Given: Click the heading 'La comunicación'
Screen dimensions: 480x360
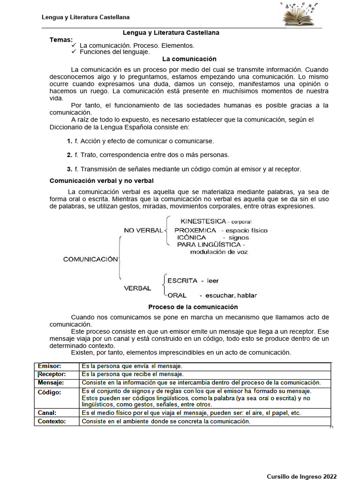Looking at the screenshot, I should [189, 59].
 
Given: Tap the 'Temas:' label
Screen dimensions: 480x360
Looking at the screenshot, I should [61, 39].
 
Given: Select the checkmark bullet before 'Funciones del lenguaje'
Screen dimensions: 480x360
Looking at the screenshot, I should [74, 52].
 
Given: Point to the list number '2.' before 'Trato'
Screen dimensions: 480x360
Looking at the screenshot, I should [69, 155].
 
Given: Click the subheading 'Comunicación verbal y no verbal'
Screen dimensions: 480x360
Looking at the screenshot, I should [102, 180].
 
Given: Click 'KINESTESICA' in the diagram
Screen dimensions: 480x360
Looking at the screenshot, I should [203, 221].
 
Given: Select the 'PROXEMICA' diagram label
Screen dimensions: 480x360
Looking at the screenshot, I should [195, 230].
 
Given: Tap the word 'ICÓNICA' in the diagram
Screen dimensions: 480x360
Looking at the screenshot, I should [191, 238].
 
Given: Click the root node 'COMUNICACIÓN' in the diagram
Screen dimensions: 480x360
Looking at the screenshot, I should [90, 259].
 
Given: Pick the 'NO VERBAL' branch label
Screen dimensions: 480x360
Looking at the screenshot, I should [143, 230].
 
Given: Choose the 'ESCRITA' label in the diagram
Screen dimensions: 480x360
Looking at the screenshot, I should [182, 281].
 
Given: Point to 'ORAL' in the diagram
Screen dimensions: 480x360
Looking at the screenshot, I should [177, 295].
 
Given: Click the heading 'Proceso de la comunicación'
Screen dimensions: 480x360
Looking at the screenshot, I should [193, 307].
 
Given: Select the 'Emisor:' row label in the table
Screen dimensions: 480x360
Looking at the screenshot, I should [49, 366].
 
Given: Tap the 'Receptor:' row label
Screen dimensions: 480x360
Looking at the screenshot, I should [52, 374].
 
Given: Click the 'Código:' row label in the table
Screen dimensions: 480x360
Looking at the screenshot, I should [49, 392].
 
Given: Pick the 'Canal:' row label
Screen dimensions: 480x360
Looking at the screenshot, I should [47, 413].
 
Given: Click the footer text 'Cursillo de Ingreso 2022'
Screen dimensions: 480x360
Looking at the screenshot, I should [302, 476].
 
